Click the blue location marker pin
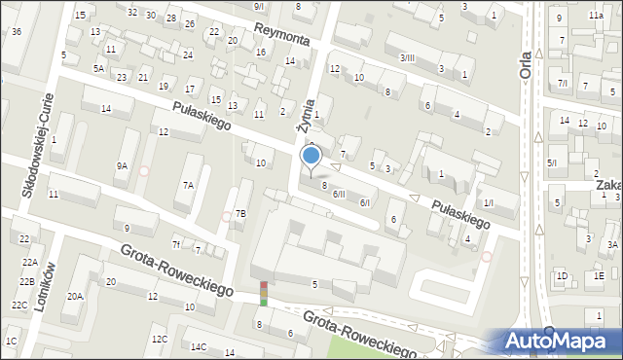[x=311, y=156]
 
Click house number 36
[x=16, y=32]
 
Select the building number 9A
[x=122, y=166]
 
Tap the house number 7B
[x=240, y=213]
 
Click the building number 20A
[x=75, y=296]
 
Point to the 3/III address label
[x=407, y=58]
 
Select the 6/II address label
[x=339, y=195]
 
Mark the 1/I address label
[x=488, y=202]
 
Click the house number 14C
[x=199, y=346]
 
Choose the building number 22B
[x=25, y=281]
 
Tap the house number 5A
[x=98, y=68]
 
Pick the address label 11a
[x=595, y=17]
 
